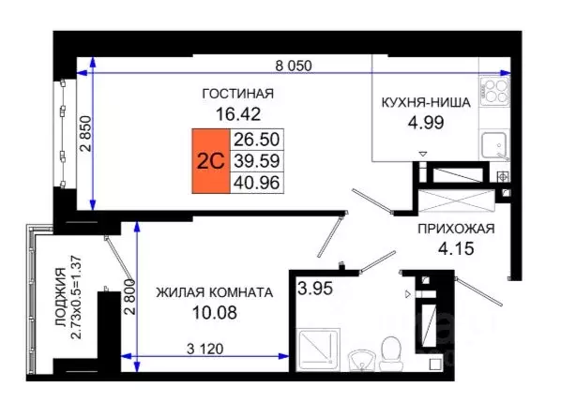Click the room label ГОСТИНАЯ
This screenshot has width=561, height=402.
pyautogui.click(x=238, y=93)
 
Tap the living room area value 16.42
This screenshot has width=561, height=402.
pyautogui.click(x=238, y=115)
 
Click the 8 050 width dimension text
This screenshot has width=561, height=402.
pyautogui.click(x=293, y=66)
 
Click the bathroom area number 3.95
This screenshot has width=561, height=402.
pyautogui.click(x=314, y=287)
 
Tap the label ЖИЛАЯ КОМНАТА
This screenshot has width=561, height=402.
pyautogui.click(x=215, y=292)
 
